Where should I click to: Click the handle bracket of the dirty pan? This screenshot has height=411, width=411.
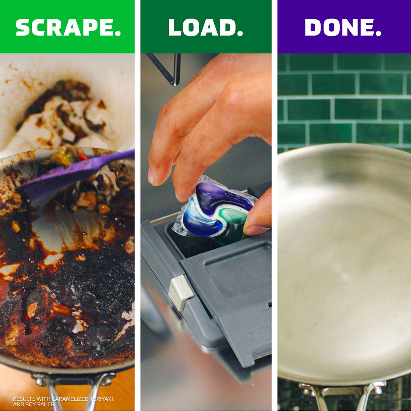click(x=73, y=382)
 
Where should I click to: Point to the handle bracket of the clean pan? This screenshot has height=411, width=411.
click(x=342, y=390)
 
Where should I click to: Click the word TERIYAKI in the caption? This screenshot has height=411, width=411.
click(x=101, y=399)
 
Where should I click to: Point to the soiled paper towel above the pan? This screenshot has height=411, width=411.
click(x=65, y=117)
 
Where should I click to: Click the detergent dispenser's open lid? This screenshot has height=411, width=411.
click(x=235, y=294)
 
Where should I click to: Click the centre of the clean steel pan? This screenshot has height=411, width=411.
click(x=343, y=264)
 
